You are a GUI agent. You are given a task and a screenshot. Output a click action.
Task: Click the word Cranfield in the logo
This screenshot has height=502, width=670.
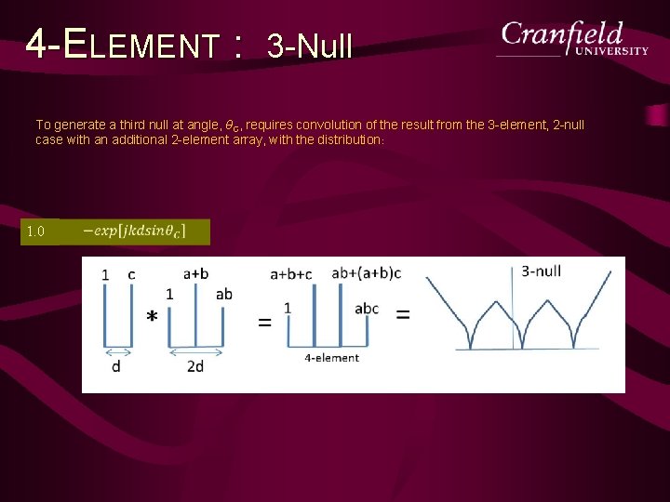click(x=562, y=34)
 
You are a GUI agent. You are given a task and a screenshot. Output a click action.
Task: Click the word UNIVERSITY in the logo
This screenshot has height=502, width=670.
click(x=610, y=51)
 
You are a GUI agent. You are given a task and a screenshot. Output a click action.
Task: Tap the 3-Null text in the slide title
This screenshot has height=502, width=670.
click(x=309, y=44)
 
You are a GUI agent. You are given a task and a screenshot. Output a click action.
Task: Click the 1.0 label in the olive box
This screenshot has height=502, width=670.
click(x=36, y=231)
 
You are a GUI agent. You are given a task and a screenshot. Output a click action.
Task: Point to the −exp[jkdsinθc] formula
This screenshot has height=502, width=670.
click(x=134, y=231)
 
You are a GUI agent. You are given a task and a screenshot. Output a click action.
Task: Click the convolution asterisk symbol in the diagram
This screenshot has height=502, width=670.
click(x=152, y=317)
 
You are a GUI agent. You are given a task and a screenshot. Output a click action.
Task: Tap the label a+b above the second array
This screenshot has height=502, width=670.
click(x=196, y=273)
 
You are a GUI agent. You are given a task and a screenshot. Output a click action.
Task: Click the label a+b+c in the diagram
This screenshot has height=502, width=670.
click(x=290, y=274)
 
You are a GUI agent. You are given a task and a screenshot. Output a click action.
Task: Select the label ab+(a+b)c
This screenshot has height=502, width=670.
click(x=366, y=273)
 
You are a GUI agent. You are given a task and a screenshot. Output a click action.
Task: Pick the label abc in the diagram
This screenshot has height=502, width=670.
click(x=367, y=309)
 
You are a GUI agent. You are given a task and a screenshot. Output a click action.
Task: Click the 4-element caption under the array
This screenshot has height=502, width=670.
click(x=331, y=357)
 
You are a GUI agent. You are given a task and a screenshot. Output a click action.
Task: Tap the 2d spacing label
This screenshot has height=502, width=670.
click(x=195, y=366)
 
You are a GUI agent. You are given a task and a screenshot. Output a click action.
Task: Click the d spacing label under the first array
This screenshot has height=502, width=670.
click(x=115, y=366)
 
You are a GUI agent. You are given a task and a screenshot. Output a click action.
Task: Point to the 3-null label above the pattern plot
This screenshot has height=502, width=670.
click(x=541, y=271)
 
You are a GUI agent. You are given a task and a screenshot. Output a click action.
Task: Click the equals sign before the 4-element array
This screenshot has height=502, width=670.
click(x=265, y=323)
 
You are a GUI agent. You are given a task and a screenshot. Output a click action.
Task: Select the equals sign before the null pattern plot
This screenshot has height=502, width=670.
click(x=403, y=314)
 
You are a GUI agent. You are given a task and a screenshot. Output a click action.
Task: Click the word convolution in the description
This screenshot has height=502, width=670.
click(x=329, y=125)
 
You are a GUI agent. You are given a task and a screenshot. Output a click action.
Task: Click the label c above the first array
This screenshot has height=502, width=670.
click(x=131, y=274)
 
